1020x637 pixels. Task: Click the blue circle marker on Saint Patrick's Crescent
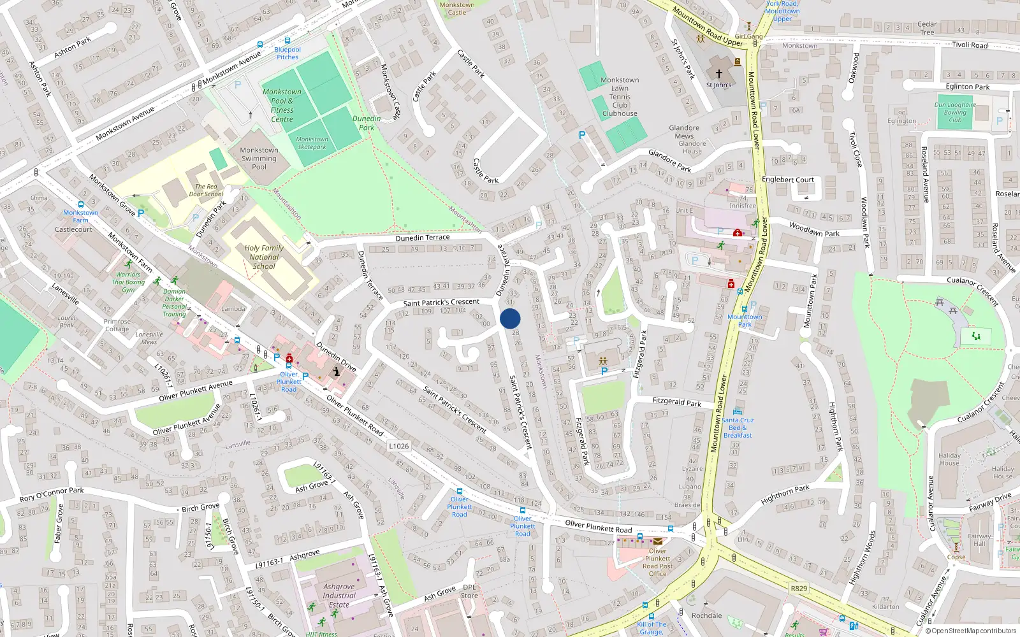point(510,318)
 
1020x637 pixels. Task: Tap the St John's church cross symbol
point(719,74)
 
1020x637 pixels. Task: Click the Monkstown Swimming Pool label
point(259,159)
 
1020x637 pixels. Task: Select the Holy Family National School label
point(264,257)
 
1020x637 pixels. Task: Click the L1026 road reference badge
point(399,446)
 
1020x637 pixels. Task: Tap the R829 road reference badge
point(799,589)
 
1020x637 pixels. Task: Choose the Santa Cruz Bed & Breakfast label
point(738,427)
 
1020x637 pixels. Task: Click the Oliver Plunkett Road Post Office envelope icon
point(657,541)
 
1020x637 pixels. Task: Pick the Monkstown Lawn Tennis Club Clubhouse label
point(620,97)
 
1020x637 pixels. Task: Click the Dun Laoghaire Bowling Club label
point(955,112)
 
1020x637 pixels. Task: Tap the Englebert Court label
point(788,180)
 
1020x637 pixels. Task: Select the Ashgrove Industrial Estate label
point(339,596)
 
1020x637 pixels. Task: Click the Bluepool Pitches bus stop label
point(288,53)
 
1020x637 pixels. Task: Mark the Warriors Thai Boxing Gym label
point(128,282)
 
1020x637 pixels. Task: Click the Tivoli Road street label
point(970,45)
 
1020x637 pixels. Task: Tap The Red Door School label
point(206,190)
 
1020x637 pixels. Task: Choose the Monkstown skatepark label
point(312,143)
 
